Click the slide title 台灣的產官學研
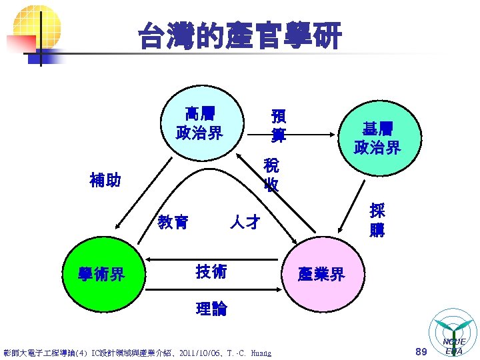pyautogui.click(x=240, y=35)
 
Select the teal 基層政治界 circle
pyautogui.click(x=377, y=137)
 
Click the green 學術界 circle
pyautogui.click(x=101, y=273)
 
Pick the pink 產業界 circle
pyautogui.click(x=322, y=274)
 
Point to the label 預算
pyautogui.click(x=278, y=125)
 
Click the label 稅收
pyautogui.click(x=271, y=175)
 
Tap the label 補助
pyautogui.click(x=105, y=180)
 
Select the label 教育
pyautogui.click(x=173, y=221)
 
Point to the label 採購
pyautogui.click(x=377, y=220)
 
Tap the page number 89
pyautogui.click(x=420, y=351)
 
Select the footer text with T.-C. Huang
pyautogui.click(x=137, y=352)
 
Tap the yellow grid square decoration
pyautogui.click(x=36, y=23)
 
